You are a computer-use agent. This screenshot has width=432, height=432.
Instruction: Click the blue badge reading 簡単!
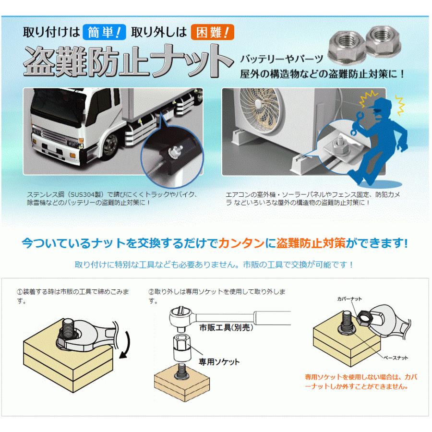tap(104, 33)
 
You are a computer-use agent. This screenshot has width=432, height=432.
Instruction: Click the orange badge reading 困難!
tap(212, 33)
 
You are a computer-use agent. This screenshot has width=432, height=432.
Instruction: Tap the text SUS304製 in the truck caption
tap(88, 194)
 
